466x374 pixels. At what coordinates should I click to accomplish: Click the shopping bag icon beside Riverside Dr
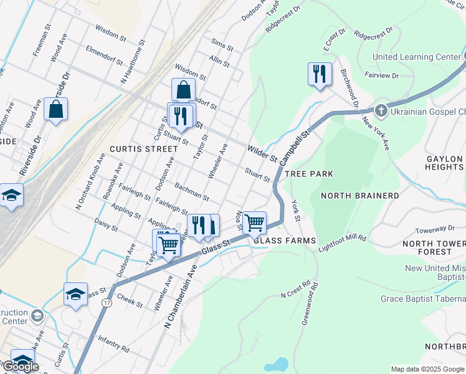55,109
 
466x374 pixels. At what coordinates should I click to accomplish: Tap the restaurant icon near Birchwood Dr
319,74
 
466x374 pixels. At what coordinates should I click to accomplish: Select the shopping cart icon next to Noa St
254,222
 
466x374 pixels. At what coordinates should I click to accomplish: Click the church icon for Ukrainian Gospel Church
381,112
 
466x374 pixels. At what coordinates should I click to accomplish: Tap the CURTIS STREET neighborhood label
139,149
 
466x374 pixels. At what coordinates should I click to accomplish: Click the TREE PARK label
309,174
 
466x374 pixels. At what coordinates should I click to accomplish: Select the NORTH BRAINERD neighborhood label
359,196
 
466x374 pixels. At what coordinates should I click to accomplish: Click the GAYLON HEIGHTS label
444,163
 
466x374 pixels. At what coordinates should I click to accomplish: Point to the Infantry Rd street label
113,343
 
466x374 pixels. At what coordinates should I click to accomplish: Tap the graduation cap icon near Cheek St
75,294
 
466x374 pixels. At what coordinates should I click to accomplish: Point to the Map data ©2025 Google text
427,369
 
